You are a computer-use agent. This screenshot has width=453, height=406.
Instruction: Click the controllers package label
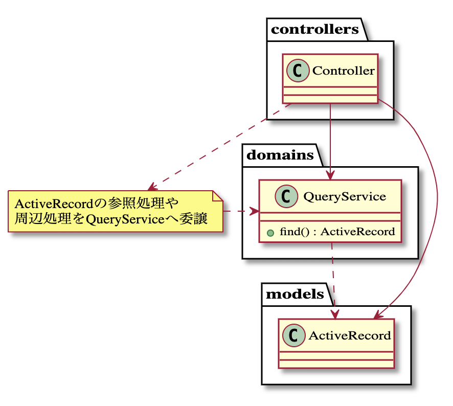[314, 29]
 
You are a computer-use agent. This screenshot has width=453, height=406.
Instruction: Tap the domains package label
[280, 155]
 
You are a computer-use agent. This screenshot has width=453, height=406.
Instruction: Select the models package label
[295, 294]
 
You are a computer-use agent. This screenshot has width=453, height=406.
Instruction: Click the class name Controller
[343, 71]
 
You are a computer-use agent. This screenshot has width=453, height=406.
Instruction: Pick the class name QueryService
[344, 196]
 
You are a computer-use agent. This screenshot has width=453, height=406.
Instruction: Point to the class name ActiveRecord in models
[350, 335]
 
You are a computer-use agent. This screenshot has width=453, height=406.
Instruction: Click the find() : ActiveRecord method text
[337, 232]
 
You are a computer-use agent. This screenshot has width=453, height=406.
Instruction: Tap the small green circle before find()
[269, 232]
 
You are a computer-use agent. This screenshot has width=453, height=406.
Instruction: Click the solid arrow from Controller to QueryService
[331, 138]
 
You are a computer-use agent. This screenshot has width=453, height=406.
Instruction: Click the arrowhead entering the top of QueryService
[331, 175]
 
